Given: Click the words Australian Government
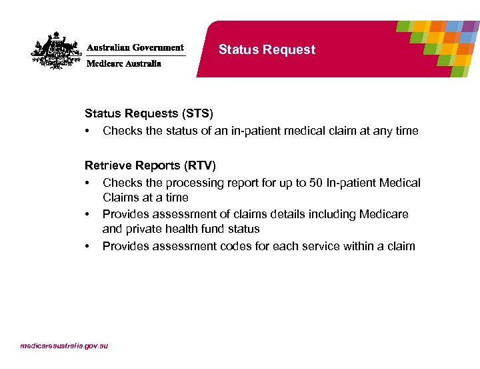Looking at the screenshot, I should pos(135,48).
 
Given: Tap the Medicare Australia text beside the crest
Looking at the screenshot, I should pos(124,64).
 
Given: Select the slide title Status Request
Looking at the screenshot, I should pos(267,50).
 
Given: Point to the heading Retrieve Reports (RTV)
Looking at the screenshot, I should pos(149,165).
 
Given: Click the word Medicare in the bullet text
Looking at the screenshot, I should pos(384,214).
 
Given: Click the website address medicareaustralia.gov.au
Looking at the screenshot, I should pos(64,346).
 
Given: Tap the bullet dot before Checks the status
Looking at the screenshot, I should pos(87,131).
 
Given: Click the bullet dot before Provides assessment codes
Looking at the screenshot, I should pos(87,246).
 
